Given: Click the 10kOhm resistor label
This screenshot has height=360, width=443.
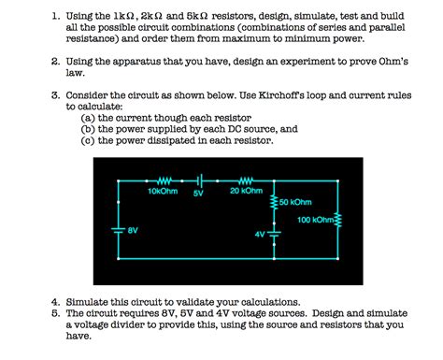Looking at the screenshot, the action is [x=162, y=190].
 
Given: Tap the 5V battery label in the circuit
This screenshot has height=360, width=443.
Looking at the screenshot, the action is [x=198, y=194].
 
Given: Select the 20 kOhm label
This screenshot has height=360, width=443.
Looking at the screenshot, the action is [x=246, y=190].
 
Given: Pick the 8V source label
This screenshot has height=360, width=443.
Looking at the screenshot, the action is [x=134, y=228].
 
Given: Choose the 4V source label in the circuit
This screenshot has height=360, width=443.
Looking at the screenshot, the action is [x=259, y=234].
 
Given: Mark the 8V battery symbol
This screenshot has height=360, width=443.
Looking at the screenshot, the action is [x=118, y=230].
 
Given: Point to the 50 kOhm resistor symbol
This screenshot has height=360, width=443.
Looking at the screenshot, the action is [x=274, y=202].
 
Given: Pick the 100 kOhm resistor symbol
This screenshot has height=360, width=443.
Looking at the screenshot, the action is [x=338, y=220].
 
